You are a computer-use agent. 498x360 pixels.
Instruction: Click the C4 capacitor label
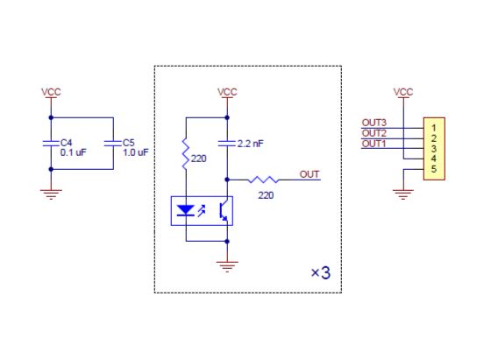point(66,143)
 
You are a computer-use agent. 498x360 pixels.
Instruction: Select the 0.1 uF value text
point(73,152)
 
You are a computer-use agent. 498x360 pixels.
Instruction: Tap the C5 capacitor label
point(129,143)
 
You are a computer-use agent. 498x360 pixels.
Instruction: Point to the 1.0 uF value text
point(136,152)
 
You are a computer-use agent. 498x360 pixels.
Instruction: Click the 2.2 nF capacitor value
point(250,144)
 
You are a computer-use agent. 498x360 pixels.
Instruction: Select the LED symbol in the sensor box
point(186,210)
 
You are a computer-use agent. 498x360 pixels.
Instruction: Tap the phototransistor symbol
point(224,210)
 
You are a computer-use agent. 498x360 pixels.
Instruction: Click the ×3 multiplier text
point(321,272)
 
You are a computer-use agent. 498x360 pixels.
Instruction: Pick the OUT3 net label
point(373,123)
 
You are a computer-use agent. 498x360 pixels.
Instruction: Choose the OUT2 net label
point(373,133)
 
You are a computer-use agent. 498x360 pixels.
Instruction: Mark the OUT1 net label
point(373,144)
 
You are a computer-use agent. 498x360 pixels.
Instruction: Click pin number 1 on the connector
point(433,128)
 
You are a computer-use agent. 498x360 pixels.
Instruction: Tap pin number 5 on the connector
point(433,169)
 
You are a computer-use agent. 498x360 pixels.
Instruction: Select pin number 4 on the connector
point(433,159)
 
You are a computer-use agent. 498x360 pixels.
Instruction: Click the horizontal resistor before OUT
point(263,180)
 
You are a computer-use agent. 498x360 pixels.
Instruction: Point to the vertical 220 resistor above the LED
point(186,154)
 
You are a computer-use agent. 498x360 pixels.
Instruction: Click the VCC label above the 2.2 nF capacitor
point(227,92)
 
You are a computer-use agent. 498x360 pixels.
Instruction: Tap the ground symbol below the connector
point(403,194)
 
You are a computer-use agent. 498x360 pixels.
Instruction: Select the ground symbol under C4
point(51,194)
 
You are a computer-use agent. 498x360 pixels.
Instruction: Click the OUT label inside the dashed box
point(309,174)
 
